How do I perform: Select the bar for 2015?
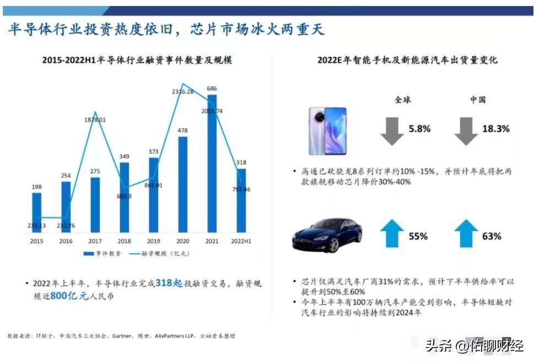36,212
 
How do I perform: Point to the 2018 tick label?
125,241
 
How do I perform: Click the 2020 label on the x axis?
183,241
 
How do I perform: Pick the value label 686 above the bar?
212,88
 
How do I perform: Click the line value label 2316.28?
182,91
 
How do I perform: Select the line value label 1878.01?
95,119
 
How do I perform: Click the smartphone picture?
327,130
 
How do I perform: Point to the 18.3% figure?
496,129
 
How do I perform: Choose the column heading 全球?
402,100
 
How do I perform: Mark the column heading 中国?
478,100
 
